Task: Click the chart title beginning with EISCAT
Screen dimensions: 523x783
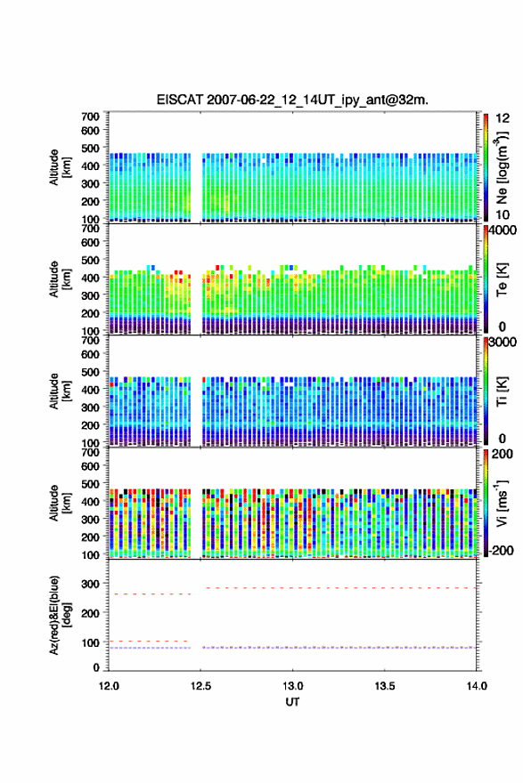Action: click(x=292, y=100)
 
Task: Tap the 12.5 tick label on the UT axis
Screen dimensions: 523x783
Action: click(x=200, y=686)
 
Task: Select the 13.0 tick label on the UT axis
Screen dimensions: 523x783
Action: click(x=292, y=686)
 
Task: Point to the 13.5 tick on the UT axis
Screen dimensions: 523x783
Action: click(x=385, y=686)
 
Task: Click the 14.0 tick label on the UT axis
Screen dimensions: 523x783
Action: click(x=477, y=686)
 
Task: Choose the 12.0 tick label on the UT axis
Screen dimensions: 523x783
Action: click(x=109, y=686)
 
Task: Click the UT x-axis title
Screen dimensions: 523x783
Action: click(x=292, y=702)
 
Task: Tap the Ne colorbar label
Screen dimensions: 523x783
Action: click(x=502, y=168)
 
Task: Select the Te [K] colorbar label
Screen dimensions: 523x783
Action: click(x=502, y=279)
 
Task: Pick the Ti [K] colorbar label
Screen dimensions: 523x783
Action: click(x=502, y=391)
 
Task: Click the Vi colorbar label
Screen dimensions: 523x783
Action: click(x=502, y=503)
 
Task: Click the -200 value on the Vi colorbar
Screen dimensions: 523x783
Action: click(x=501, y=550)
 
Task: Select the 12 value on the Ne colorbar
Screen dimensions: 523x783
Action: click(x=503, y=118)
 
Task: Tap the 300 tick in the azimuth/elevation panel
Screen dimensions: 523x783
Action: click(x=90, y=584)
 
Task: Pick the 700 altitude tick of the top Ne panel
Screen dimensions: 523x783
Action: click(x=90, y=117)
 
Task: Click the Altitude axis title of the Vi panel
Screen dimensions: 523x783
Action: click(x=60, y=503)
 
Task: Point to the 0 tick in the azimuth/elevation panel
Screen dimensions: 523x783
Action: click(x=96, y=667)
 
